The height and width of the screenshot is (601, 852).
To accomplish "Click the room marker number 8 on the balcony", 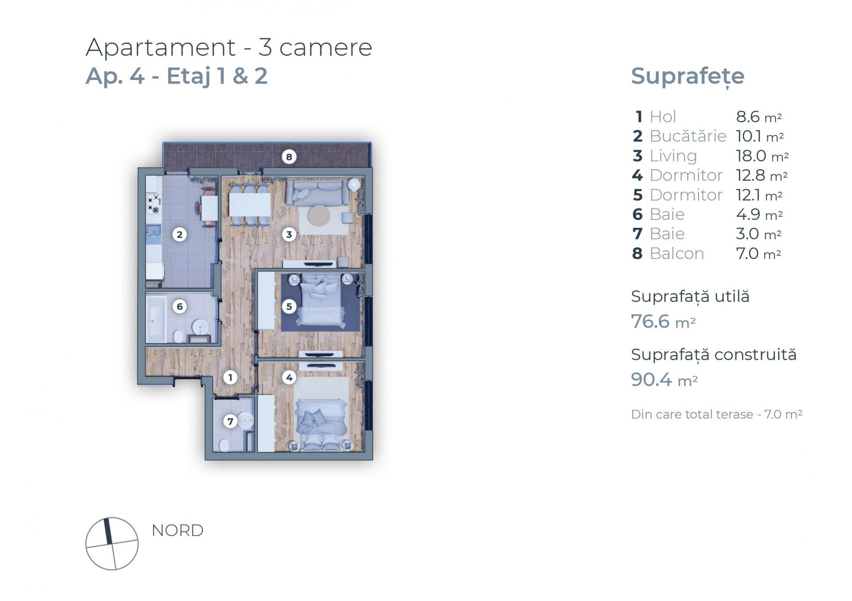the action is (289, 157).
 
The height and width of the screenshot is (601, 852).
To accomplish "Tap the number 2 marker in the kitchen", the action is (180, 235).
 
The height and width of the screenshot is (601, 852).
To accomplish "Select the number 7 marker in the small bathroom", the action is (230, 421).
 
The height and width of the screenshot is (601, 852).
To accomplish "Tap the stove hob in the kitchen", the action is (154, 203).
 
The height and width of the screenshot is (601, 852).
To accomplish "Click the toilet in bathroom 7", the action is (224, 445).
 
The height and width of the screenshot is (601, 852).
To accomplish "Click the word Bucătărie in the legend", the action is (688, 136).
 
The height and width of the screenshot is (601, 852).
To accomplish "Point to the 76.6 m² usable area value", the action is (663, 322).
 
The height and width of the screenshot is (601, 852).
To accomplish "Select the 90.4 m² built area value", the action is (664, 380).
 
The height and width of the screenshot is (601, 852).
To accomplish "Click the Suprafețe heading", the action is (687, 76).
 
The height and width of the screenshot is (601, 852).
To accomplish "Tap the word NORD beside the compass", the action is (177, 530).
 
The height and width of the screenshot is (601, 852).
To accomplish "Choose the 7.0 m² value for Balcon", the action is (758, 254).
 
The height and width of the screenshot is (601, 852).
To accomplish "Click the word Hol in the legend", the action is (663, 117).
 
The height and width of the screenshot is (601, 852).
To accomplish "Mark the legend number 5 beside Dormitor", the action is (638, 195).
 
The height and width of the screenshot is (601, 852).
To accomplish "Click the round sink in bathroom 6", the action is (200, 327).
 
